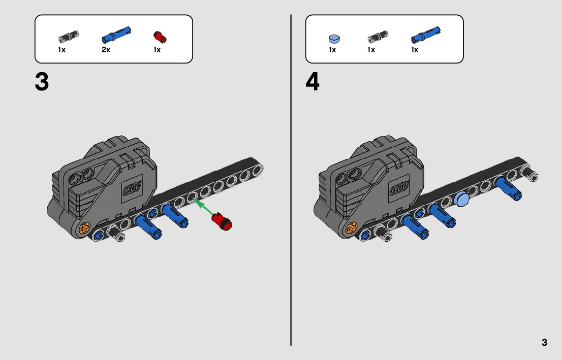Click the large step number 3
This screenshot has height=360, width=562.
[42, 82]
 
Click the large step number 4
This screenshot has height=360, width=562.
[313, 82]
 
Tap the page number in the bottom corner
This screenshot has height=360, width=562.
[544, 342]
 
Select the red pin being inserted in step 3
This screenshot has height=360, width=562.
[222, 221]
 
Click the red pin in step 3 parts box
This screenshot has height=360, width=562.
[160, 37]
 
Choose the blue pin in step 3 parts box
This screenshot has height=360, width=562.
[116, 35]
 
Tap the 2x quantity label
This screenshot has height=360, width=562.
[106, 50]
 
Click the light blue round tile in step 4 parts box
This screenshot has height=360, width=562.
[334, 38]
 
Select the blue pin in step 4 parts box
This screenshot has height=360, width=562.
[425, 35]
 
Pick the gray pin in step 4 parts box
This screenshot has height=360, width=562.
[378, 37]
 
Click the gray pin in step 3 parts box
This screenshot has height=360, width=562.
[69, 37]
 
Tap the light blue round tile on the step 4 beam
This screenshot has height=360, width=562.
[461, 199]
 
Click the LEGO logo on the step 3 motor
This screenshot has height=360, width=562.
[132, 187]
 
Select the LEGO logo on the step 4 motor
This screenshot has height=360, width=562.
[399, 187]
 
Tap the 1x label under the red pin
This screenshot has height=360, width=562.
[157, 50]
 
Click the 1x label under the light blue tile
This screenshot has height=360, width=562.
[332, 50]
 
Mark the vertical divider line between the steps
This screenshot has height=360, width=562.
[291, 180]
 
